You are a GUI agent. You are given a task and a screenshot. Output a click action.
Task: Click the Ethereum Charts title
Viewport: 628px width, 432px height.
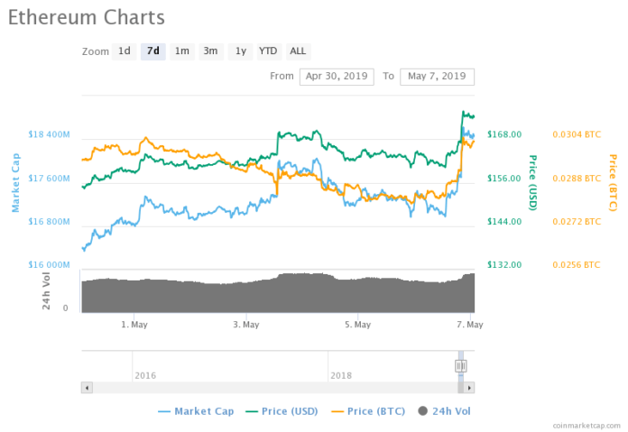(x=87, y=17)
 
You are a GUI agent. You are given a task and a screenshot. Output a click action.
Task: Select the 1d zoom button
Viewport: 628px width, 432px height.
(x=125, y=51)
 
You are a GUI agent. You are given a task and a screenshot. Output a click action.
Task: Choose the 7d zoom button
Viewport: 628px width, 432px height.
(x=153, y=51)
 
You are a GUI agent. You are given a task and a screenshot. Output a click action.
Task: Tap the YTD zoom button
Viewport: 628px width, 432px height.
(x=268, y=51)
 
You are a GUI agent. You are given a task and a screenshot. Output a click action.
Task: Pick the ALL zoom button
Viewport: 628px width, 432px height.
(x=298, y=51)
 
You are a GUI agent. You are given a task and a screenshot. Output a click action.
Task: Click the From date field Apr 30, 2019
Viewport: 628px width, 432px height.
(x=336, y=76)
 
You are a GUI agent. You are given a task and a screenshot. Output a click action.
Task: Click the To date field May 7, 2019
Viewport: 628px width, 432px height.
(x=437, y=76)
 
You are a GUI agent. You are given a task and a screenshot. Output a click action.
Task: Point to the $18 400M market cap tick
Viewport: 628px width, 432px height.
(x=49, y=134)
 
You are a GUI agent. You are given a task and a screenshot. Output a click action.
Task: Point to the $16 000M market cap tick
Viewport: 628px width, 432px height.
(x=49, y=265)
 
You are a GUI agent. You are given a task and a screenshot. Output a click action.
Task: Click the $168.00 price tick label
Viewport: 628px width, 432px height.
(x=504, y=134)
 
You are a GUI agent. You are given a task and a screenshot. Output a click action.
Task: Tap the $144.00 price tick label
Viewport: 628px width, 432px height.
(x=504, y=222)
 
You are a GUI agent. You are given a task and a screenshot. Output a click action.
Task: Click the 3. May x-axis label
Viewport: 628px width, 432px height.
(x=246, y=324)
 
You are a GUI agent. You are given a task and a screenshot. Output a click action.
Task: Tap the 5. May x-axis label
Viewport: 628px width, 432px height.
(x=358, y=324)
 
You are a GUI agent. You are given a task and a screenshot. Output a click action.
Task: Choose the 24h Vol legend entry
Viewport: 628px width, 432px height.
(x=445, y=411)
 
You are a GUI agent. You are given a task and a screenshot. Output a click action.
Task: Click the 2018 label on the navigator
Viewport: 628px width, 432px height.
(x=341, y=374)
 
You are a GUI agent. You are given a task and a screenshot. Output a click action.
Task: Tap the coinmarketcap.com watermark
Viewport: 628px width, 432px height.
(x=587, y=424)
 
